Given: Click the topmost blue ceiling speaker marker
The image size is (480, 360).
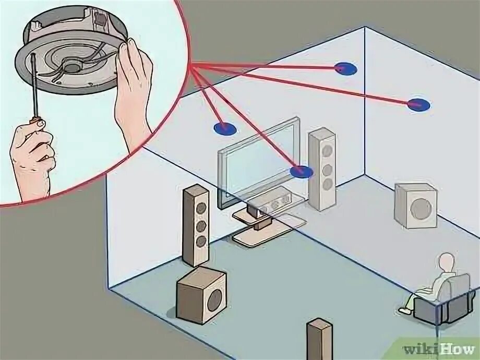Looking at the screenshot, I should [345, 68].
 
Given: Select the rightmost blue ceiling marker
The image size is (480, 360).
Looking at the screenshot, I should [418, 105].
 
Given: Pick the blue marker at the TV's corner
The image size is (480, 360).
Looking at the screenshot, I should [302, 171].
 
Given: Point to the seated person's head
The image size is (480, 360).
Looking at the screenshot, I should [447, 262].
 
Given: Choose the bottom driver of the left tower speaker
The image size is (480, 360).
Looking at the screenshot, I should [200, 241].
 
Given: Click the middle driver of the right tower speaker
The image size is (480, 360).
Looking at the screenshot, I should [327, 170].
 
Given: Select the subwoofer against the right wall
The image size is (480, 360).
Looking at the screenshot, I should [416, 207].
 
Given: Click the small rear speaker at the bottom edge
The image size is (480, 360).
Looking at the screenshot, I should [319, 339].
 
